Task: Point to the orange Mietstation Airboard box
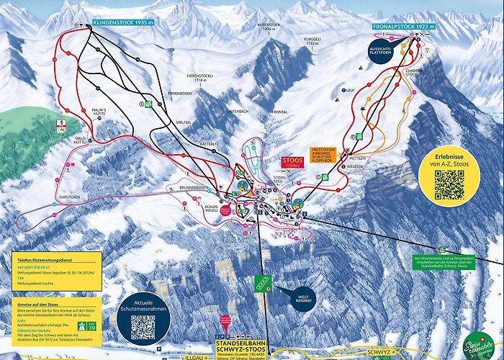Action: point(323,155)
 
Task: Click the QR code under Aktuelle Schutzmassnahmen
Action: point(143,328)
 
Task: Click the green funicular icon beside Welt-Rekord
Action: point(264,284)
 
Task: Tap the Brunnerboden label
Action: point(194,187)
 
